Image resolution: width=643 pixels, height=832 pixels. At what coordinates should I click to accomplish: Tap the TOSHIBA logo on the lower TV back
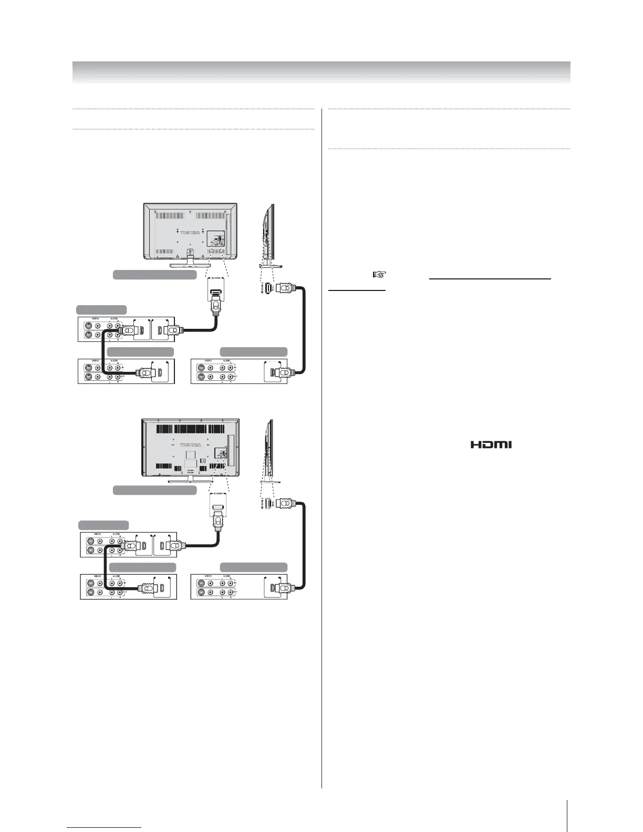tap(191, 444)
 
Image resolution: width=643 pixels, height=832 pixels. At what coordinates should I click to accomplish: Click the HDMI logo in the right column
tap(491, 444)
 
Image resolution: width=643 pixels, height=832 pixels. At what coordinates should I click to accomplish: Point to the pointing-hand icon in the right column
tap(379, 274)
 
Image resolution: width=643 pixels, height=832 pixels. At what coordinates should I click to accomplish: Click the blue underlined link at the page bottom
tap(105, 827)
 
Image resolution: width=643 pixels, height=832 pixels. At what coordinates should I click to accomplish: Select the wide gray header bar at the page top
tap(321, 72)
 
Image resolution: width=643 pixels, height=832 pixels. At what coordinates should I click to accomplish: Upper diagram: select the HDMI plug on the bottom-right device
tap(283, 373)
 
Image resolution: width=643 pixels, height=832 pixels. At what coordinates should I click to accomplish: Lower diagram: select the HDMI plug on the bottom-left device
tap(147, 589)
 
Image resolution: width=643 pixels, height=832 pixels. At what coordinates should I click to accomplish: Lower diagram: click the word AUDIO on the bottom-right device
tap(226, 576)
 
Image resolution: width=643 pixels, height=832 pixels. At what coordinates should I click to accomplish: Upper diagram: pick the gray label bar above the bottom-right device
tap(254, 352)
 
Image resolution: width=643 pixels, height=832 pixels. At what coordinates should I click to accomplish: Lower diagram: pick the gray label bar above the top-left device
tap(103, 525)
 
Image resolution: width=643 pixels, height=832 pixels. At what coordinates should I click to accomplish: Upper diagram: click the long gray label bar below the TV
tap(155, 274)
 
